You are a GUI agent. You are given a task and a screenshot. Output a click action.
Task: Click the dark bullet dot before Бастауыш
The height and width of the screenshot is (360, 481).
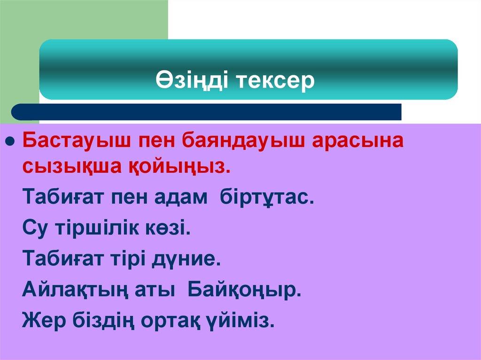pos(11,141)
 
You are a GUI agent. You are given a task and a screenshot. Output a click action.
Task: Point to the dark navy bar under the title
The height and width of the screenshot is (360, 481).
pos(207,112)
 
